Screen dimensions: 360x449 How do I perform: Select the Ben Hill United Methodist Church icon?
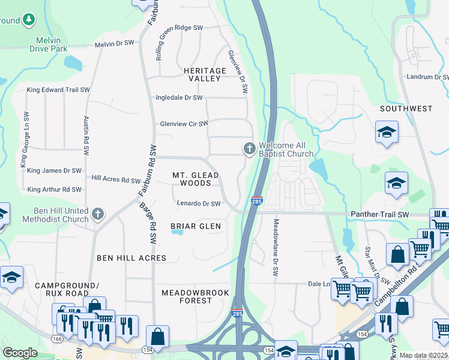point(98,214)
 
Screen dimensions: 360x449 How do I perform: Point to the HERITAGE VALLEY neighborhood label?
point(205,74)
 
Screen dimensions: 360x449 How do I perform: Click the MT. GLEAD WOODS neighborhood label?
point(196,179)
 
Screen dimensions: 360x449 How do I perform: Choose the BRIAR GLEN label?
point(196,226)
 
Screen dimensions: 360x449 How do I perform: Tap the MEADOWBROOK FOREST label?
point(195,296)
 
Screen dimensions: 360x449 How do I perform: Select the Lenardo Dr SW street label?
point(199,204)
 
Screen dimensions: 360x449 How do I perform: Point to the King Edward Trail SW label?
point(58,90)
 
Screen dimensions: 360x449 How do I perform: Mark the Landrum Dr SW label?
point(427,77)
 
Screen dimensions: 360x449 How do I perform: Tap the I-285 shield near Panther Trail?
point(256,200)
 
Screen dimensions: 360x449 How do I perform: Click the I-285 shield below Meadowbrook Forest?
point(237,313)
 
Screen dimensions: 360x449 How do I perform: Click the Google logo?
point(20,353)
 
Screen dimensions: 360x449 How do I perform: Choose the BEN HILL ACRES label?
point(131,258)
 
